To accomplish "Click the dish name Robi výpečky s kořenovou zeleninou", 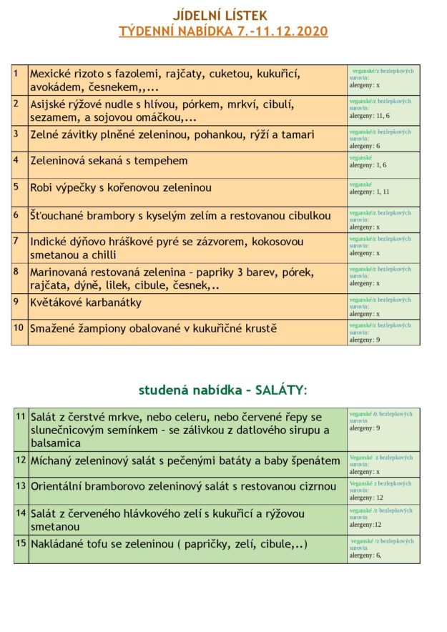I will [120, 187].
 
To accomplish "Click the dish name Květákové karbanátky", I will [86, 302].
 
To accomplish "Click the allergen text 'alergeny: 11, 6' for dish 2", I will [370, 115].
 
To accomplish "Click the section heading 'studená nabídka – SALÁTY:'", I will [222, 390].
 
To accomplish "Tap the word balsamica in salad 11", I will [56, 443].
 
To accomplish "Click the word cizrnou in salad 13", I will [317, 486].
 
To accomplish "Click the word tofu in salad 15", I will [103, 543].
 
